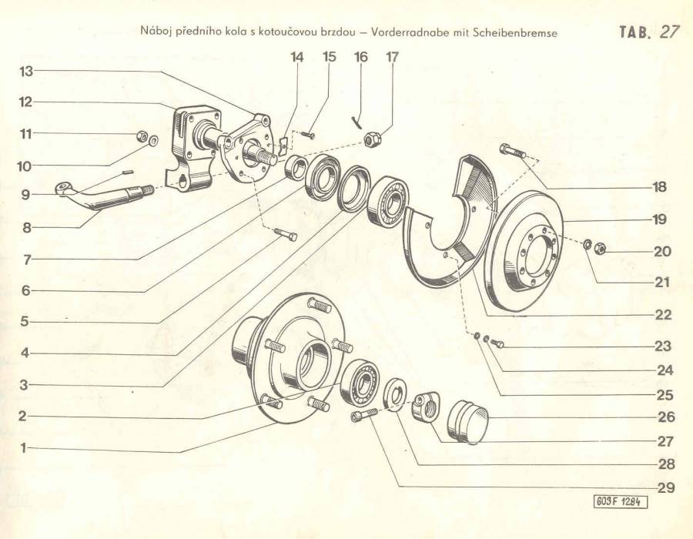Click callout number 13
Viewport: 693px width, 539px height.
point(26,71)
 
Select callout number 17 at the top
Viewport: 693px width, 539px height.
point(392,56)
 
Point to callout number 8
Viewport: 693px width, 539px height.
point(27,227)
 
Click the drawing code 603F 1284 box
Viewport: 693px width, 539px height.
point(621,502)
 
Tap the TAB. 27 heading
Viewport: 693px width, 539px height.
point(649,32)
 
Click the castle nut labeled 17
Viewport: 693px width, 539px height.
point(372,139)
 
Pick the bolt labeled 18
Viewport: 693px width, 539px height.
point(512,151)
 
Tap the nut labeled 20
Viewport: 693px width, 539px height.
point(600,249)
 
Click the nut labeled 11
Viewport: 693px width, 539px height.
point(142,136)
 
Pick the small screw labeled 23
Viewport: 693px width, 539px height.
point(497,343)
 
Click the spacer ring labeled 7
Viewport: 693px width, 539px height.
point(295,167)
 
